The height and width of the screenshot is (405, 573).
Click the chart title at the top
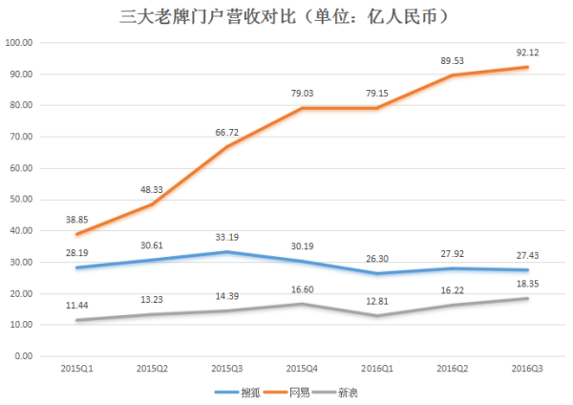pos(286,16)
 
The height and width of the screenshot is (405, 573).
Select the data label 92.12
pos(528,51)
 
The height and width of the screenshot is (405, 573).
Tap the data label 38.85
pos(75,219)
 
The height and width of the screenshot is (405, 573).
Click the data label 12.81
pos(378,300)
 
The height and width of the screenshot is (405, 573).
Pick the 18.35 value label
pos(528,283)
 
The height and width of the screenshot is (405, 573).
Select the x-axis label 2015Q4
pos(302,367)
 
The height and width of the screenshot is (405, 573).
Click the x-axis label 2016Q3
pos(528,367)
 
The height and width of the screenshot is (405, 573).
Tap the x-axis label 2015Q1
pos(75,367)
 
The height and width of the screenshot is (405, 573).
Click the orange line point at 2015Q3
pos(226,147)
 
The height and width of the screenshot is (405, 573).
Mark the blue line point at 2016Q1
pos(378,273)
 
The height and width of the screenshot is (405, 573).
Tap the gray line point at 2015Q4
pos(302,304)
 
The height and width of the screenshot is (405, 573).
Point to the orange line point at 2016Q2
pos(453,75)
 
